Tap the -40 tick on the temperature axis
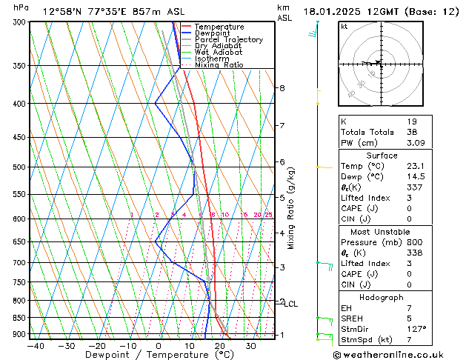tap(36, 346)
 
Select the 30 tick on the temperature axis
tap(251, 346)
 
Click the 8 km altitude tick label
tap(282, 88)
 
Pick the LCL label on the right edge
tap(291, 304)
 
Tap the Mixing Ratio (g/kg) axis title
tap(291, 208)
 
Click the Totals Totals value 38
tap(413, 132)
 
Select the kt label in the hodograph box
tap(344, 27)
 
